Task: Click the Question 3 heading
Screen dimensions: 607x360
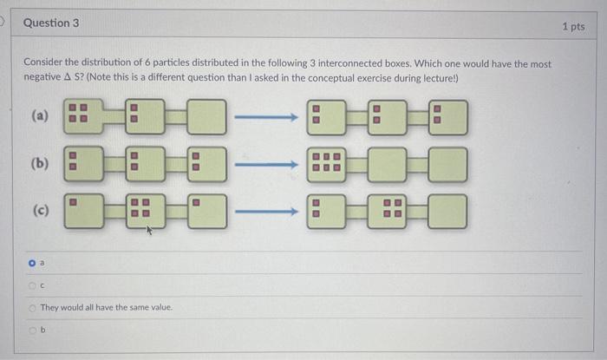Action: pos(50,23)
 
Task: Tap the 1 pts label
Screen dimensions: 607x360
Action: pos(573,27)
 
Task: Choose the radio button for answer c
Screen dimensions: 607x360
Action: pos(32,284)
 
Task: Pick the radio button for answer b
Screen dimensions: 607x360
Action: pos(32,330)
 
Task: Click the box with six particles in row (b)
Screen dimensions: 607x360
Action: pos(327,163)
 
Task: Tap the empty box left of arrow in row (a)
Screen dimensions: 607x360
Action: pos(206,117)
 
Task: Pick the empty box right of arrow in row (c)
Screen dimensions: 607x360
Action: pos(447,210)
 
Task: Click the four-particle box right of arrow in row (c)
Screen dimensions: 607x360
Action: pos(387,210)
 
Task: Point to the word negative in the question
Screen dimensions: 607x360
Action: pos(43,78)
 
